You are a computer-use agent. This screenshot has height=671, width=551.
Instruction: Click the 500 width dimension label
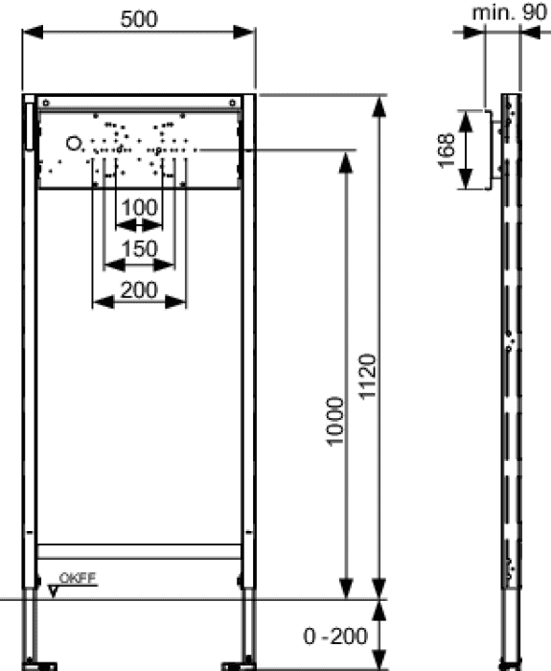(139, 19)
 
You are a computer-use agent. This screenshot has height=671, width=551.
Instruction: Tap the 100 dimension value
(140, 208)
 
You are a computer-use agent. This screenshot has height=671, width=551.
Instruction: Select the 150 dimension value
(140, 248)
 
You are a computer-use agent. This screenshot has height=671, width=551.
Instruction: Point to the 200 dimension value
(139, 290)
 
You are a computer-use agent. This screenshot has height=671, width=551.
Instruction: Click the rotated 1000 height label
(335, 422)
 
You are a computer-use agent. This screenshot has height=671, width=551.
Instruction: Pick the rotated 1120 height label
(367, 377)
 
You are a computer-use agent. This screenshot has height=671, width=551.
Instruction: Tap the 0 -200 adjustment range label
(335, 636)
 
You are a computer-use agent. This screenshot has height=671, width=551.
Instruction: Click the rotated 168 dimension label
(446, 150)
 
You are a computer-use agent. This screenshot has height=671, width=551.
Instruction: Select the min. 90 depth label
(509, 12)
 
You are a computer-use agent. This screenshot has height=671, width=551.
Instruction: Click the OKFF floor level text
(78, 578)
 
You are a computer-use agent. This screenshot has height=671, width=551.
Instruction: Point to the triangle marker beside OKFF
(53, 591)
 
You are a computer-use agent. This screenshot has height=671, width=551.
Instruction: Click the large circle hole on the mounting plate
(73, 144)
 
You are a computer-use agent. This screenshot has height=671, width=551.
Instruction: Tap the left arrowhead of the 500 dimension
(33, 32)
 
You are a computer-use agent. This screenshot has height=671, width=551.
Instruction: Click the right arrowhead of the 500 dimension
(244, 32)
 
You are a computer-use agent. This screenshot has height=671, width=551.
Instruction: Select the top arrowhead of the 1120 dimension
(379, 107)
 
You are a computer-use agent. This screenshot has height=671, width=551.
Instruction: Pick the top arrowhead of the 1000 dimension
(346, 163)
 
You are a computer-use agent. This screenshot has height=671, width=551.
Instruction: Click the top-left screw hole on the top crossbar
(46, 103)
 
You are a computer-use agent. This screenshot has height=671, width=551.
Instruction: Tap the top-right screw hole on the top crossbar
(232, 103)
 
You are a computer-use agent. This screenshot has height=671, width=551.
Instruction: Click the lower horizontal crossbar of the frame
(139, 551)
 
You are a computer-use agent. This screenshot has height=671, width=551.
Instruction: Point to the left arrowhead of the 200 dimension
(103, 302)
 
